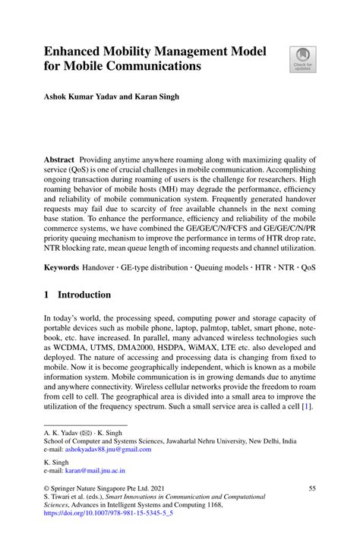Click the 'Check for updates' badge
point(302,59)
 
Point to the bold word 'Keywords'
point(62,268)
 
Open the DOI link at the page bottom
point(109,513)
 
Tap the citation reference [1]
point(305,406)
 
